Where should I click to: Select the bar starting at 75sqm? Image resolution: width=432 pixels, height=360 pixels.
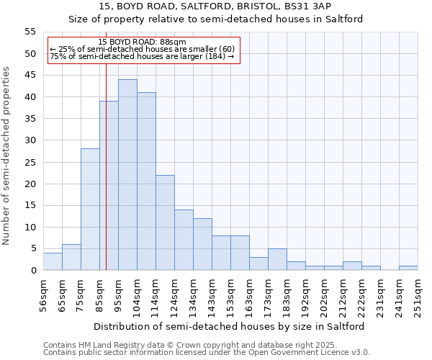click(90, 210)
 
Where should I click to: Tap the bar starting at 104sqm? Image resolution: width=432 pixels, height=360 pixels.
click(146, 181)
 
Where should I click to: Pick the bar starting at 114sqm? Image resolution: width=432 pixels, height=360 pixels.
click(165, 222)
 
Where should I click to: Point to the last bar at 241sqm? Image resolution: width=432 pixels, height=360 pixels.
click(408, 268)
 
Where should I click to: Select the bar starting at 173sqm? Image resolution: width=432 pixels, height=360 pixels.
click(277, 259)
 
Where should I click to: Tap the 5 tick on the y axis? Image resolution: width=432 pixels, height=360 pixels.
click(32, 248)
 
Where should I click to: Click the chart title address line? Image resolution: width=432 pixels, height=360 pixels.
click(215, 6)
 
